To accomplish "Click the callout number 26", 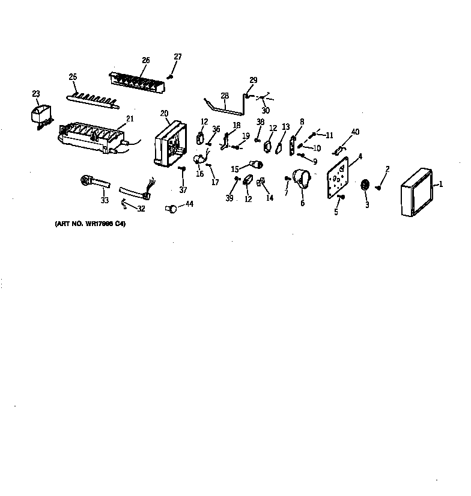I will pyautogui.click(x=146, y=60).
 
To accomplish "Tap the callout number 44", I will pyautogui.click(x=190, y=205).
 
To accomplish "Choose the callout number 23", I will pyautogui.click(x=36, y=93).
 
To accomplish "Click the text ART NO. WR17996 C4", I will pyautogui.click(x=91, y=224).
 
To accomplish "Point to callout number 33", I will pyautogui.click(x=105, y=201).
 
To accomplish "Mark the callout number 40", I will pyautogui.click(x=355, y=132).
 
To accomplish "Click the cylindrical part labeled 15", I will pyautogui.click(x=257, y=165).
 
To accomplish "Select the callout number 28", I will pyautogui.click(x=225, y=96).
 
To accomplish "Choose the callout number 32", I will pyautogui.click(x=141, y=209).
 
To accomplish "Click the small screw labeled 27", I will pyautogui.click(x=170, y=76).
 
